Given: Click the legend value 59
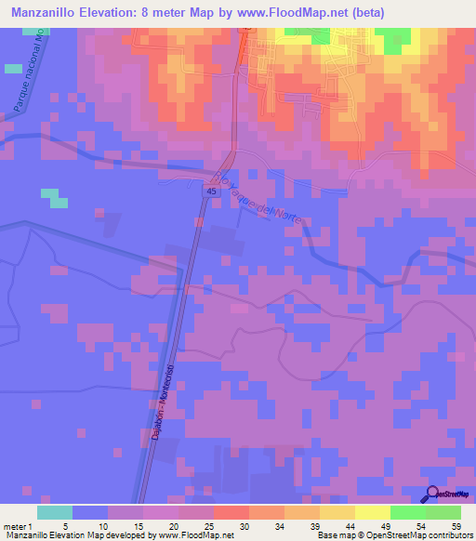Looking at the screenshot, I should pos(456,526).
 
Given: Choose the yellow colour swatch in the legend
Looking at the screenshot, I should pos(372,512).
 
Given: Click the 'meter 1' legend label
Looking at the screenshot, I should pos(19,526).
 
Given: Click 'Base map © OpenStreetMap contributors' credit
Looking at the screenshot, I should pos(394,535).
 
